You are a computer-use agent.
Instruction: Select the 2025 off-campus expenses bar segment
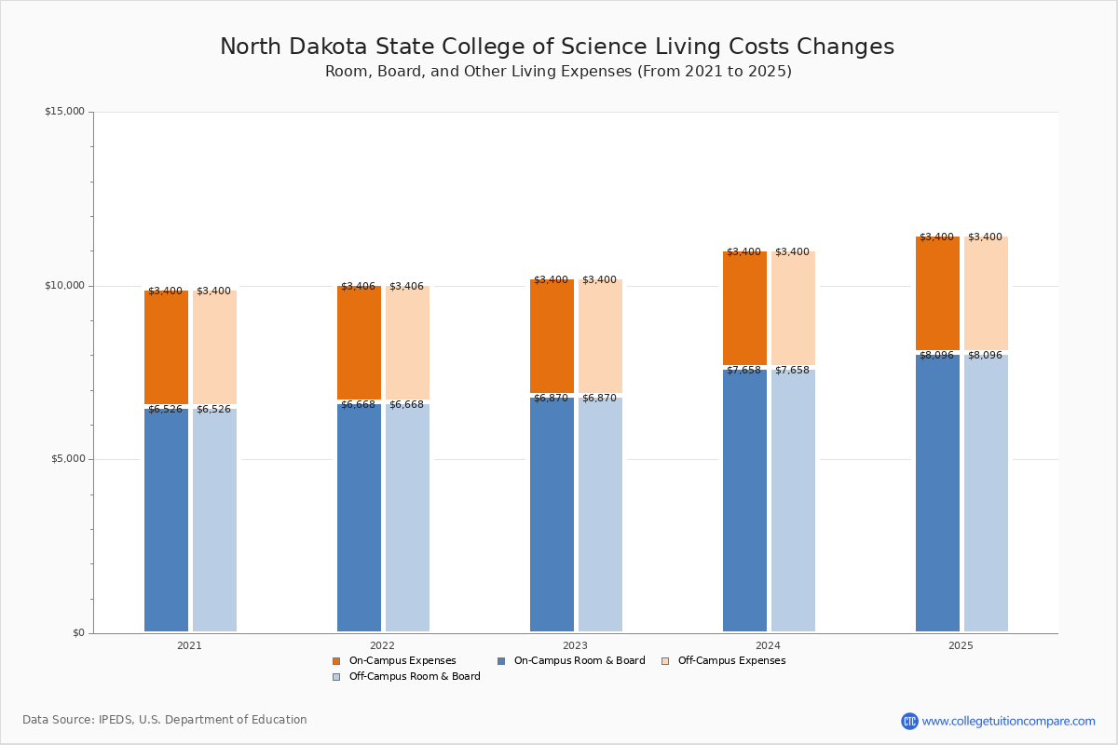[x=986, y=293]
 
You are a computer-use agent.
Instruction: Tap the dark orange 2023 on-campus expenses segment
[x=552, y=335]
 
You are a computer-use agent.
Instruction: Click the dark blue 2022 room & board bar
[x=359, y=517]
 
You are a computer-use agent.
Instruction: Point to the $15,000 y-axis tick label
[x=64, y=112]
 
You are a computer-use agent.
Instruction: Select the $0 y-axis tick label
[x=78, y=633]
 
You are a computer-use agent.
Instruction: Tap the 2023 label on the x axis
[x=575, y=645]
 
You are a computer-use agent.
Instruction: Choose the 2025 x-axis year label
[x=961, y=645]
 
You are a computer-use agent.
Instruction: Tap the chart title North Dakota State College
[x=557, y=47]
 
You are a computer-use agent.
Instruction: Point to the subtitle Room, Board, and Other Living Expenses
[x=558, y=72]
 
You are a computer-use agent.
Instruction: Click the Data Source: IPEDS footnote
[x=165, y=720]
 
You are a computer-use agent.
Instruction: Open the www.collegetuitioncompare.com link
[x=1008, y=721]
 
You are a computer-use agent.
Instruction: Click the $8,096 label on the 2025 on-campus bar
[x=936, y=356]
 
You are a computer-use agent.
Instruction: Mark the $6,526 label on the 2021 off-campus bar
[x=213, y=410]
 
